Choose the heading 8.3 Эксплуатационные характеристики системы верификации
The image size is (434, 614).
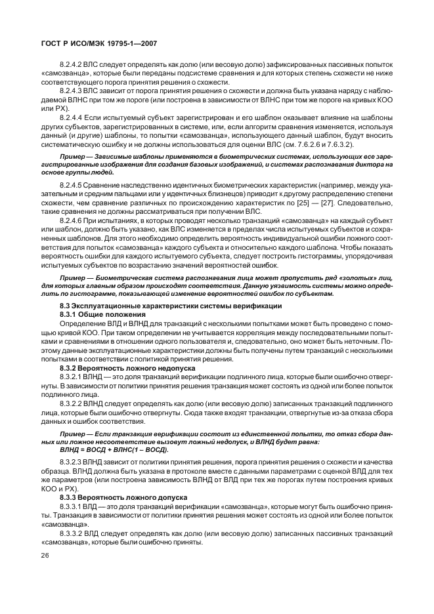[171, 306]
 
